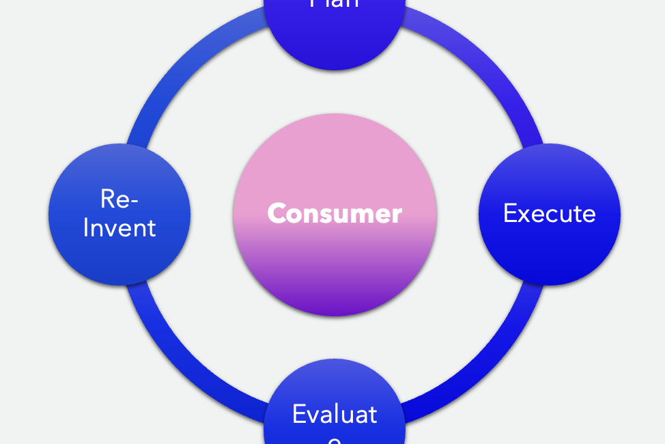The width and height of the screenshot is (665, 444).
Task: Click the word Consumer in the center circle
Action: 335,214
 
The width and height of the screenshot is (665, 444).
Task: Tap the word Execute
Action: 549,214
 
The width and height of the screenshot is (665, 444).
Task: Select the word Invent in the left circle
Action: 119,227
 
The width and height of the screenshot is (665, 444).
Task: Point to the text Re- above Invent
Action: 119,199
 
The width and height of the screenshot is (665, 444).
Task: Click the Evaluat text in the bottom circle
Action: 335,414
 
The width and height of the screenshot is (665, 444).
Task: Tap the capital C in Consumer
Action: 277,214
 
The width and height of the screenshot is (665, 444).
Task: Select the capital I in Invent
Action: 86,227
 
